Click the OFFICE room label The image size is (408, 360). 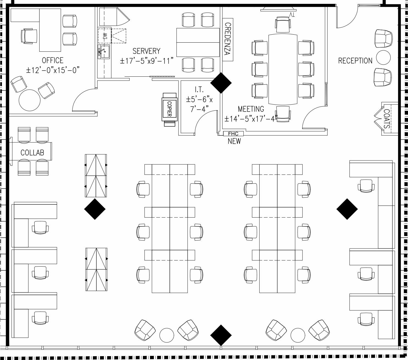tap(52, 60)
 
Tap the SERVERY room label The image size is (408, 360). tap(146, 51)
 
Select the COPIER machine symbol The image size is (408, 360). tap(170, 109)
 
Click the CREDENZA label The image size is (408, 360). tap(228, 39)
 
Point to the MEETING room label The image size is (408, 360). tap(251, 109)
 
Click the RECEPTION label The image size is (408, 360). tap(355, 61)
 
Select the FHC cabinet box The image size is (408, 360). tap(233, 134)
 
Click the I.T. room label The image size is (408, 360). tap(199, 89)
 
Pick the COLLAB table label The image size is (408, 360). tap(32, 153)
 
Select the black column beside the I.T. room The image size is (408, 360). tap(221, 83)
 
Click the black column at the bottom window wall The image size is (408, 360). tap(221, 335)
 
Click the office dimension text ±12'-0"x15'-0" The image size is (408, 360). tap(53, 70)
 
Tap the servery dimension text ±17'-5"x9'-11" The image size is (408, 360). tap(147, 61)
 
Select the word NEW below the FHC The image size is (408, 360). tap(234, 141)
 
